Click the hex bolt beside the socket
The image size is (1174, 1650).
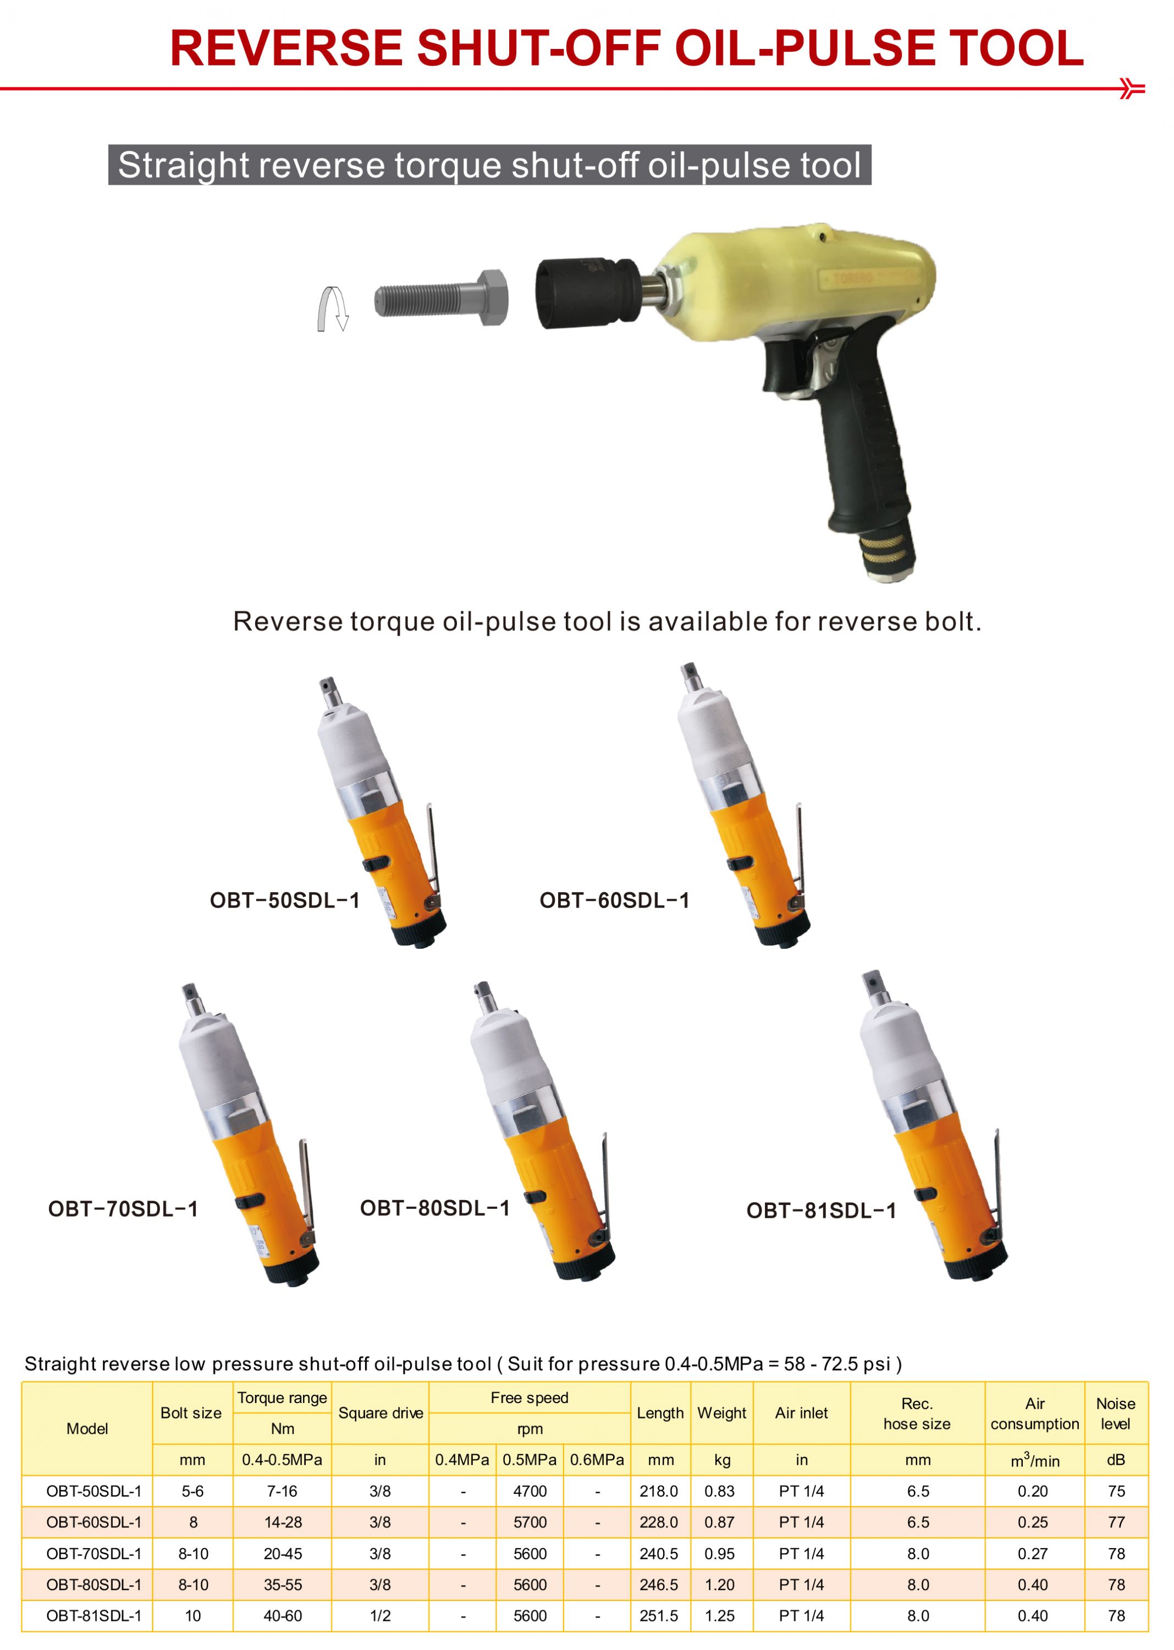(x=441, y=298)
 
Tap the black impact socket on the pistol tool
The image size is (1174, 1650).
(x=587, y=293)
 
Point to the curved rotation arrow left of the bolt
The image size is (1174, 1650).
(x=333, y=309)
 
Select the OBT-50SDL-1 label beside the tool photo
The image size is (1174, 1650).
(x=284, y=900)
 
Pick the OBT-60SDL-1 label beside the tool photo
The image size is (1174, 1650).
(x=614, y=900)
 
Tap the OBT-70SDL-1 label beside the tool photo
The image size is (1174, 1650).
(x=123, y=1209)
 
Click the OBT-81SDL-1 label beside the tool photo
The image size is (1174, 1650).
(x=821, y=1211)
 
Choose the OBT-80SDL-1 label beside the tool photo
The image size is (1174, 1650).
(x=435, y=1208)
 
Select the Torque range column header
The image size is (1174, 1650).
(x=282, y=1398)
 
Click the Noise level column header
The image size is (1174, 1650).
(x=1116, y=1414)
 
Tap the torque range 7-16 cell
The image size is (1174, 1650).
(x=282, y=1491)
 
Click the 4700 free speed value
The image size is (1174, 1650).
(x=530, y=1491)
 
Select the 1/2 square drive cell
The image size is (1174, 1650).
(x=381, y=1615)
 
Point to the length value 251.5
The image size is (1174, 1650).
(x=659, y=1615)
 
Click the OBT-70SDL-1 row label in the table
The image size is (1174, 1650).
(x=94, y=1553)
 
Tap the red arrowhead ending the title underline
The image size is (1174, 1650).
(x=1132, y=88)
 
